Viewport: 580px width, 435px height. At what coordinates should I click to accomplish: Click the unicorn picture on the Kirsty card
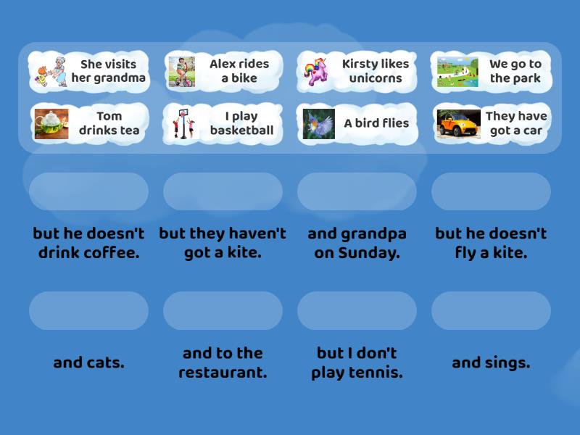pyautogui.click(x=316, y=71)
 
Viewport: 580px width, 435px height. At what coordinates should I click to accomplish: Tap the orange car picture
pyautogui.click(x=458, y=123)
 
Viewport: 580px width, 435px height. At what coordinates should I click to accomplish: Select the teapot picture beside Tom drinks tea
pyautogui.click(x=51, y=124)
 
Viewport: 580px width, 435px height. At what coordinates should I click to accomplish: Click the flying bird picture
pyautogui.click(x=319, y=124)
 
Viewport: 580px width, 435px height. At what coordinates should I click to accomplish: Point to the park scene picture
pyautogui.click(x=457, y=72)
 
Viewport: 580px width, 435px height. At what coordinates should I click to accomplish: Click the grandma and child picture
pyautogui.click(x=51, y=72)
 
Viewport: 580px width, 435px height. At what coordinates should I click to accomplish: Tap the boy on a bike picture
pyautogui.click(x=182, y=72)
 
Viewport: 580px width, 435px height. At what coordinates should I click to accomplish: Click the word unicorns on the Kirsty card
pyautogui.click(x=376, y=78)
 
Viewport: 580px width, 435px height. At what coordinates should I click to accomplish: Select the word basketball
pyautogui.click(x=242, y=130)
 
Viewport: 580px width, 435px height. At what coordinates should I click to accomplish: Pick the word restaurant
pyautogui.click(x=223, y=372)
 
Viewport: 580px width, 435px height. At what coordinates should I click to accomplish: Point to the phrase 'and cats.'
pyautogui.click(x=88, y=362)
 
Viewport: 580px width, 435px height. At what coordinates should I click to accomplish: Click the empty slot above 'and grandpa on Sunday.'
pyautogui.click(x=357, y=191)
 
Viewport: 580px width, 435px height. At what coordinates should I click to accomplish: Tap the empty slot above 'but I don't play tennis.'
pyautogui.click(x=357, y=311)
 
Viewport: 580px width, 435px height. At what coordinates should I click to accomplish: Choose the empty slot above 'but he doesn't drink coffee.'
pyautogui.click(x=88, y=191)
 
